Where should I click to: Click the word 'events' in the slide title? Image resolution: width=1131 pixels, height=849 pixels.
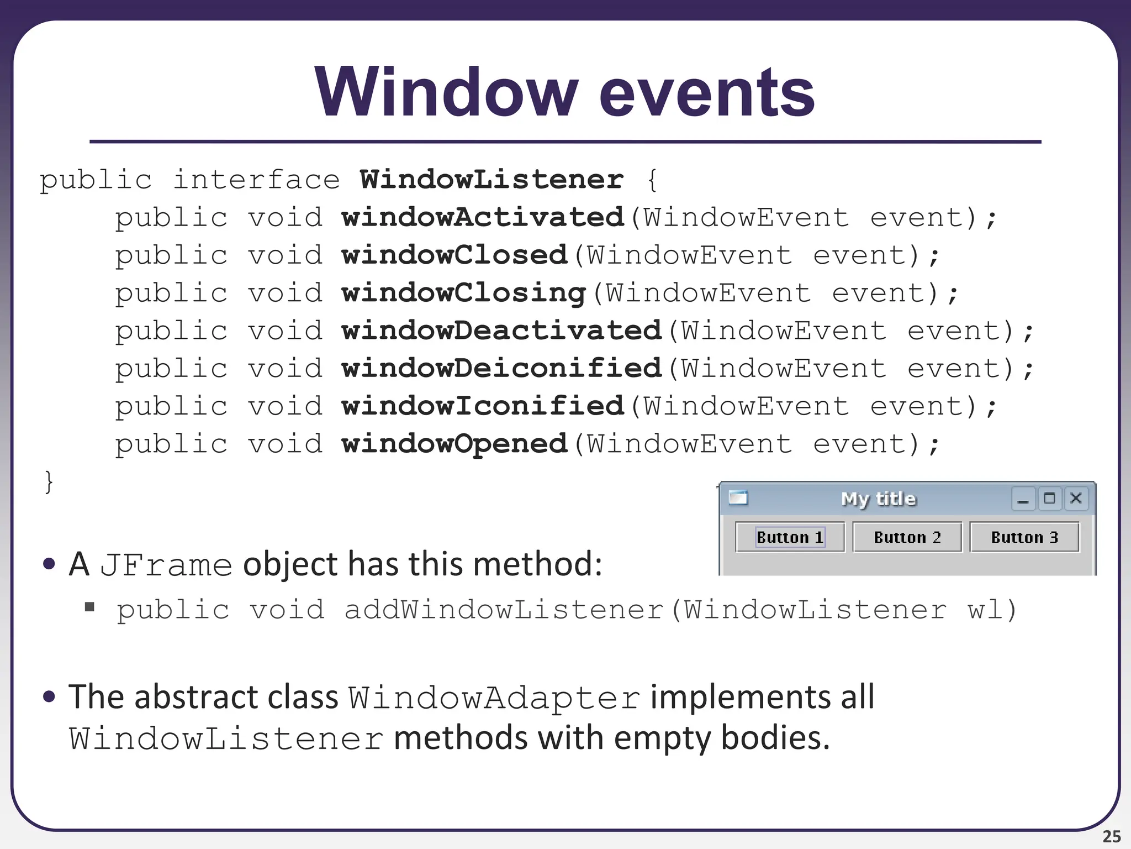point(707,92)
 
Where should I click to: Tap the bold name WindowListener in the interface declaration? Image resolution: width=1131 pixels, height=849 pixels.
point(491,180)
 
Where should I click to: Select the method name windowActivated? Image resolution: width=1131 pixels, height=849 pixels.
point(483,217)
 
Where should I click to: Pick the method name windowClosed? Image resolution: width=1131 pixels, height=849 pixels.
point(454,255)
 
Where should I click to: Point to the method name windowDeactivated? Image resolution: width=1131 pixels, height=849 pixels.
point(501,331)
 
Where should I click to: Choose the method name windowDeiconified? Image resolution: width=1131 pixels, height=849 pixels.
point(501,368)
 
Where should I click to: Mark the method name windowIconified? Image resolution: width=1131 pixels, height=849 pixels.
point(483,406)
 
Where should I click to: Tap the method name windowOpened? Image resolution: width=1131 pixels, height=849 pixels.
point(454,444)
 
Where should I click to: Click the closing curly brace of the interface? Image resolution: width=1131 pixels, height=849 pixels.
point(49,481)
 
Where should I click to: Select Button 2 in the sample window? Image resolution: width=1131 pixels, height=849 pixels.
point(907,537)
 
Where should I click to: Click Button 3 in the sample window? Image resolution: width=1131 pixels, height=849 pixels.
point(1024,537)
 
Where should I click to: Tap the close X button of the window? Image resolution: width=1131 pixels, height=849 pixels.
point(1076,499)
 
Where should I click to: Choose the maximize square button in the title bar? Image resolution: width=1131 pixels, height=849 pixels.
point(1049,499)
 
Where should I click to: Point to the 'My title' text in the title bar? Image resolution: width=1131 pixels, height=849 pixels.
point(878,499)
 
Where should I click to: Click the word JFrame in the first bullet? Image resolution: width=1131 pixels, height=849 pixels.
point(166,565)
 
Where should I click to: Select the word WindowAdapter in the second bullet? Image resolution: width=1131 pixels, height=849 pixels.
point(494,698)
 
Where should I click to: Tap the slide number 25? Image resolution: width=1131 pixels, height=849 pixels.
point(1111,836)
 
